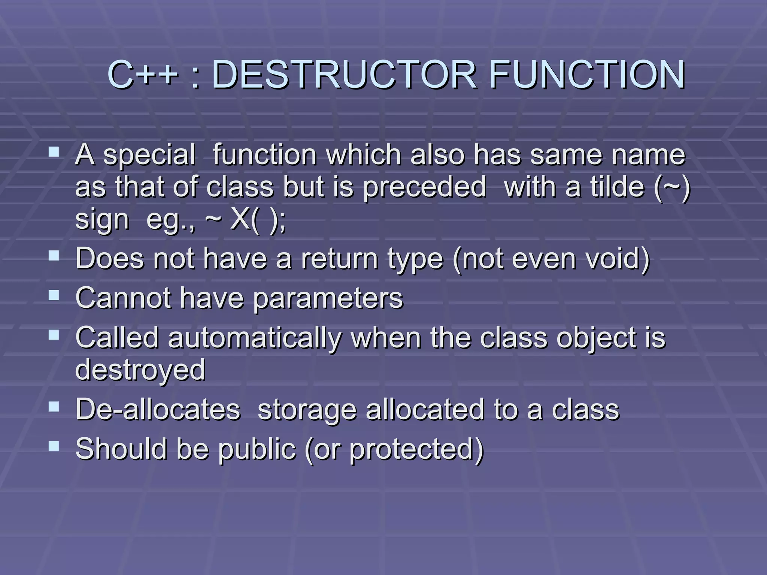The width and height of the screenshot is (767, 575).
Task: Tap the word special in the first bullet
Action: (x=149, y=155)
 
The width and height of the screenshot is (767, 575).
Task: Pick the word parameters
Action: (x=328, y=298)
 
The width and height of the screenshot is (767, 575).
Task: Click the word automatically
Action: (x=255, y=338)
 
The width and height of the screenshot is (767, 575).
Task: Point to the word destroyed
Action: (x=140, y=370)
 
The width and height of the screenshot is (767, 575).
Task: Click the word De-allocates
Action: (x=158, y=410)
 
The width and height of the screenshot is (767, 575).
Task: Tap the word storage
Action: (x=307, y=410)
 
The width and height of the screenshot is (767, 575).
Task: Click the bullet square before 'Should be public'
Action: (x=54, y=446)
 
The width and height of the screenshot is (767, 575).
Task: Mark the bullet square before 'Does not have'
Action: (x=54, y=256)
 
